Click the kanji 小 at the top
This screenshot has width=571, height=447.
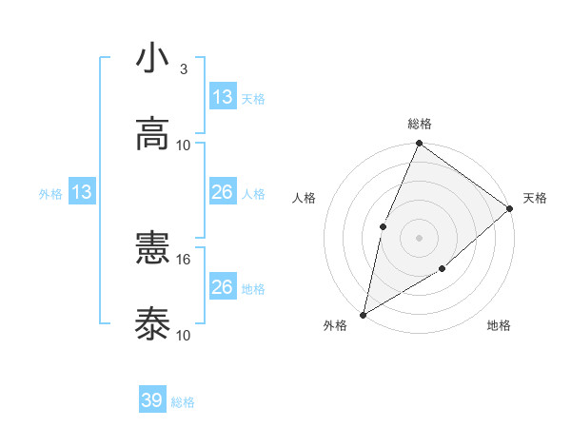pos(152,60)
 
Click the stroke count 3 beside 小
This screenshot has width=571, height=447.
pos(183,69)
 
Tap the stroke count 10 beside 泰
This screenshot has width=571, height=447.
pos(184,335)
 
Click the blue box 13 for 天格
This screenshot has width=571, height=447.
pos(223,97)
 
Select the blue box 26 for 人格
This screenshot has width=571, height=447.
pos(223,192)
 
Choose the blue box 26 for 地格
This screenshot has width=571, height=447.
pos(223,287)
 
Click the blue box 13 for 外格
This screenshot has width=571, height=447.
pos(82,193)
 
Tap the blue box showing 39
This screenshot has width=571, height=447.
pos(152,400)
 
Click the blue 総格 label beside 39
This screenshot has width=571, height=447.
pos(183,402)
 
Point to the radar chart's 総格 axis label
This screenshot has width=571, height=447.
pos(420,124)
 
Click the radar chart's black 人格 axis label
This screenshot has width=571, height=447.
pos(305,198)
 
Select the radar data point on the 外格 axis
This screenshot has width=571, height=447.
pos(363,314)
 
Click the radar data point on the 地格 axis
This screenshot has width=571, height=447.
pos(443,269)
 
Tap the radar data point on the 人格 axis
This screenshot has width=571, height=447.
pos(383,226)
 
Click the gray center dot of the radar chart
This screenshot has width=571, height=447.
pos(419,237)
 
